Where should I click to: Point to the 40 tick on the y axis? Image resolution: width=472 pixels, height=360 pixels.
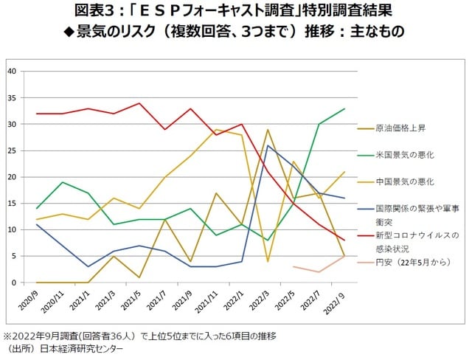pyautogui.click(x=12, y=71)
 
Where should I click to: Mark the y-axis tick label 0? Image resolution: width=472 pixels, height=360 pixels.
pyautogui.click(x=14, y=283)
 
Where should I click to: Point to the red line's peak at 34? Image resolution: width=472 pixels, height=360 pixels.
pyautogui.click(x=139, y=103)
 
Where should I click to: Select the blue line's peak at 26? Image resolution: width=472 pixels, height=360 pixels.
pyautogui.click(x=268, y=145)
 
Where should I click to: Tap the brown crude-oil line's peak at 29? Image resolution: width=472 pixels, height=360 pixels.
pyautogui.click(x=268, y=130)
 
